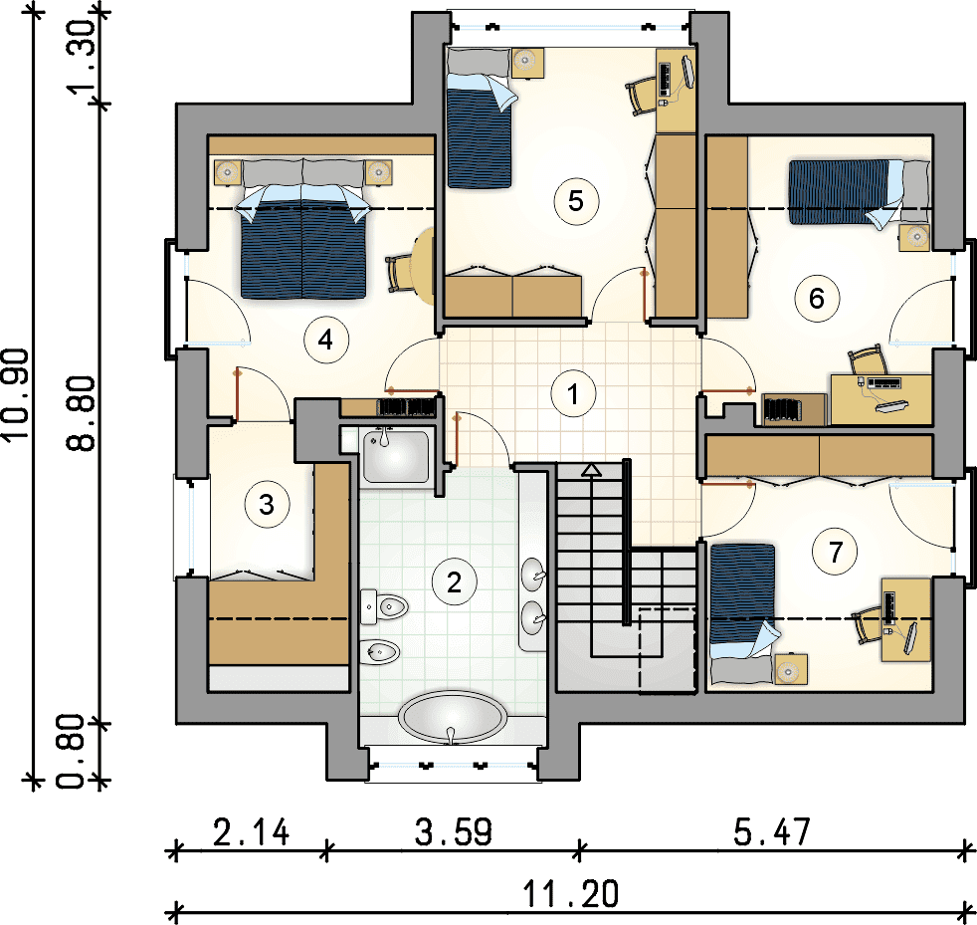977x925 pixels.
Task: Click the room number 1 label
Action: tap(573, 394)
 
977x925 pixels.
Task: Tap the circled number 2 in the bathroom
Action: tap(455, 582)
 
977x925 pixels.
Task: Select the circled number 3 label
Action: tap(267, 504)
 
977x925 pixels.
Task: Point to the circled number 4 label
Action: tap(325, 341)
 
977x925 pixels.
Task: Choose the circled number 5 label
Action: tap(576, 201)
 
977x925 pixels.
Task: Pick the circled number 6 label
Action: tap(816, 298)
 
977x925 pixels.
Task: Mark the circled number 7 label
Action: tap(835, 552)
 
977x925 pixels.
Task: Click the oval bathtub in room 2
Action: tap(453, 717)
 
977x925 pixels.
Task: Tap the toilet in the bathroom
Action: tap(384, 605)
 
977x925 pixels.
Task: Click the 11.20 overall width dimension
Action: tap(571, 893)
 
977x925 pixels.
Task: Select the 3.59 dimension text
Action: tap(454, 832)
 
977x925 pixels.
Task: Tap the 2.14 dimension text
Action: tap(251, 832)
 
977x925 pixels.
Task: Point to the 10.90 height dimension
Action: tap(16, 394)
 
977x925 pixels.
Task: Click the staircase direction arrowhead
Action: tap(590, 470)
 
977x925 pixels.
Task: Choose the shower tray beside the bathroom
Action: tap(396, 456)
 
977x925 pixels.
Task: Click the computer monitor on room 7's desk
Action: tap(910, 637)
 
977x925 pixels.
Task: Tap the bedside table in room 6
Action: tap(914, 238)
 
